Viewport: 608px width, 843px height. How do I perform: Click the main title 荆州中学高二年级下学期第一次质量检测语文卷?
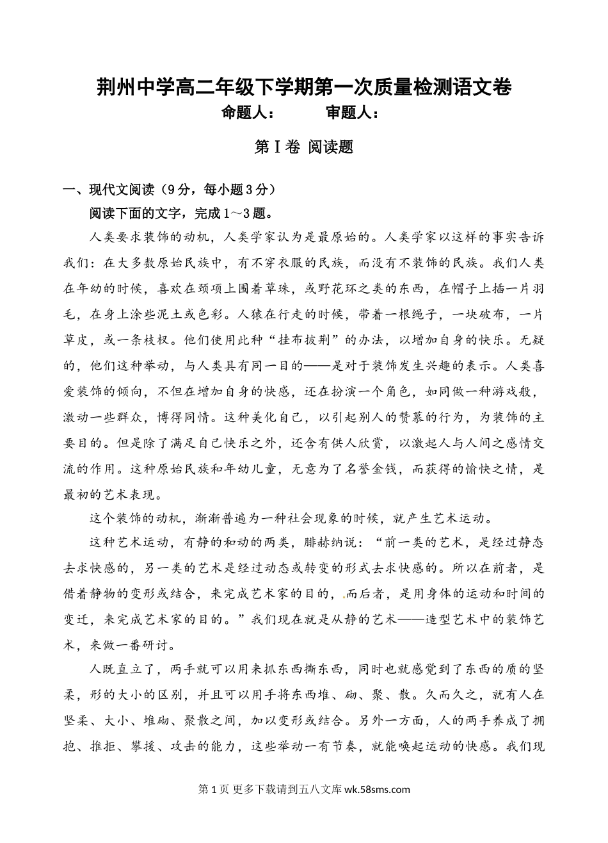coord(304,88)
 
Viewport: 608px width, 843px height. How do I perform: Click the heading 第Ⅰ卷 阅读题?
coord(304,147)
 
